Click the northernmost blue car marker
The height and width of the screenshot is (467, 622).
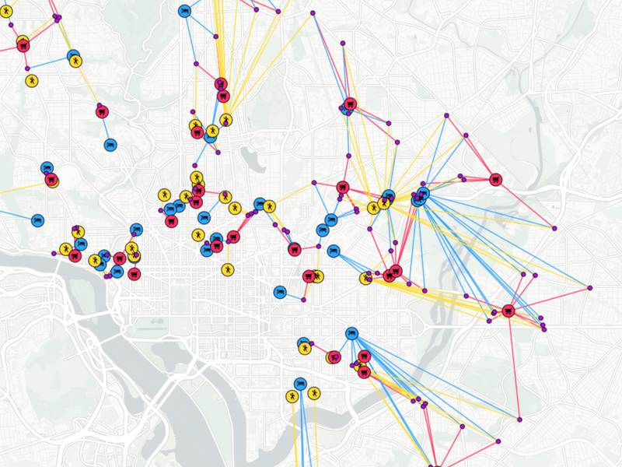185,11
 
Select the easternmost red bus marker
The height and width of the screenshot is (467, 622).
508,311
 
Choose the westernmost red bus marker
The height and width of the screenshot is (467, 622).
23,44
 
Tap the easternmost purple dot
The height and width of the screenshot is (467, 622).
590,288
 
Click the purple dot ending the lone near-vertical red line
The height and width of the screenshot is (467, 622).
518,420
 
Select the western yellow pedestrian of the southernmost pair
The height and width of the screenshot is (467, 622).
292,396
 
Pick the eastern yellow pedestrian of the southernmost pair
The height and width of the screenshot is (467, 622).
313,394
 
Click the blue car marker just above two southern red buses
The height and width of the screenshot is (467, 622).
351,333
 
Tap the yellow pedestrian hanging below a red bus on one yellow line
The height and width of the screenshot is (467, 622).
227,269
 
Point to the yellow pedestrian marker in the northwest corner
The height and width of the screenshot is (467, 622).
31,80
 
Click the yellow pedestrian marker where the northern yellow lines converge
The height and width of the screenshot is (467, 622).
225,120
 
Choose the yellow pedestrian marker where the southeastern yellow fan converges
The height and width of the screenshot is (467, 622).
366,278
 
